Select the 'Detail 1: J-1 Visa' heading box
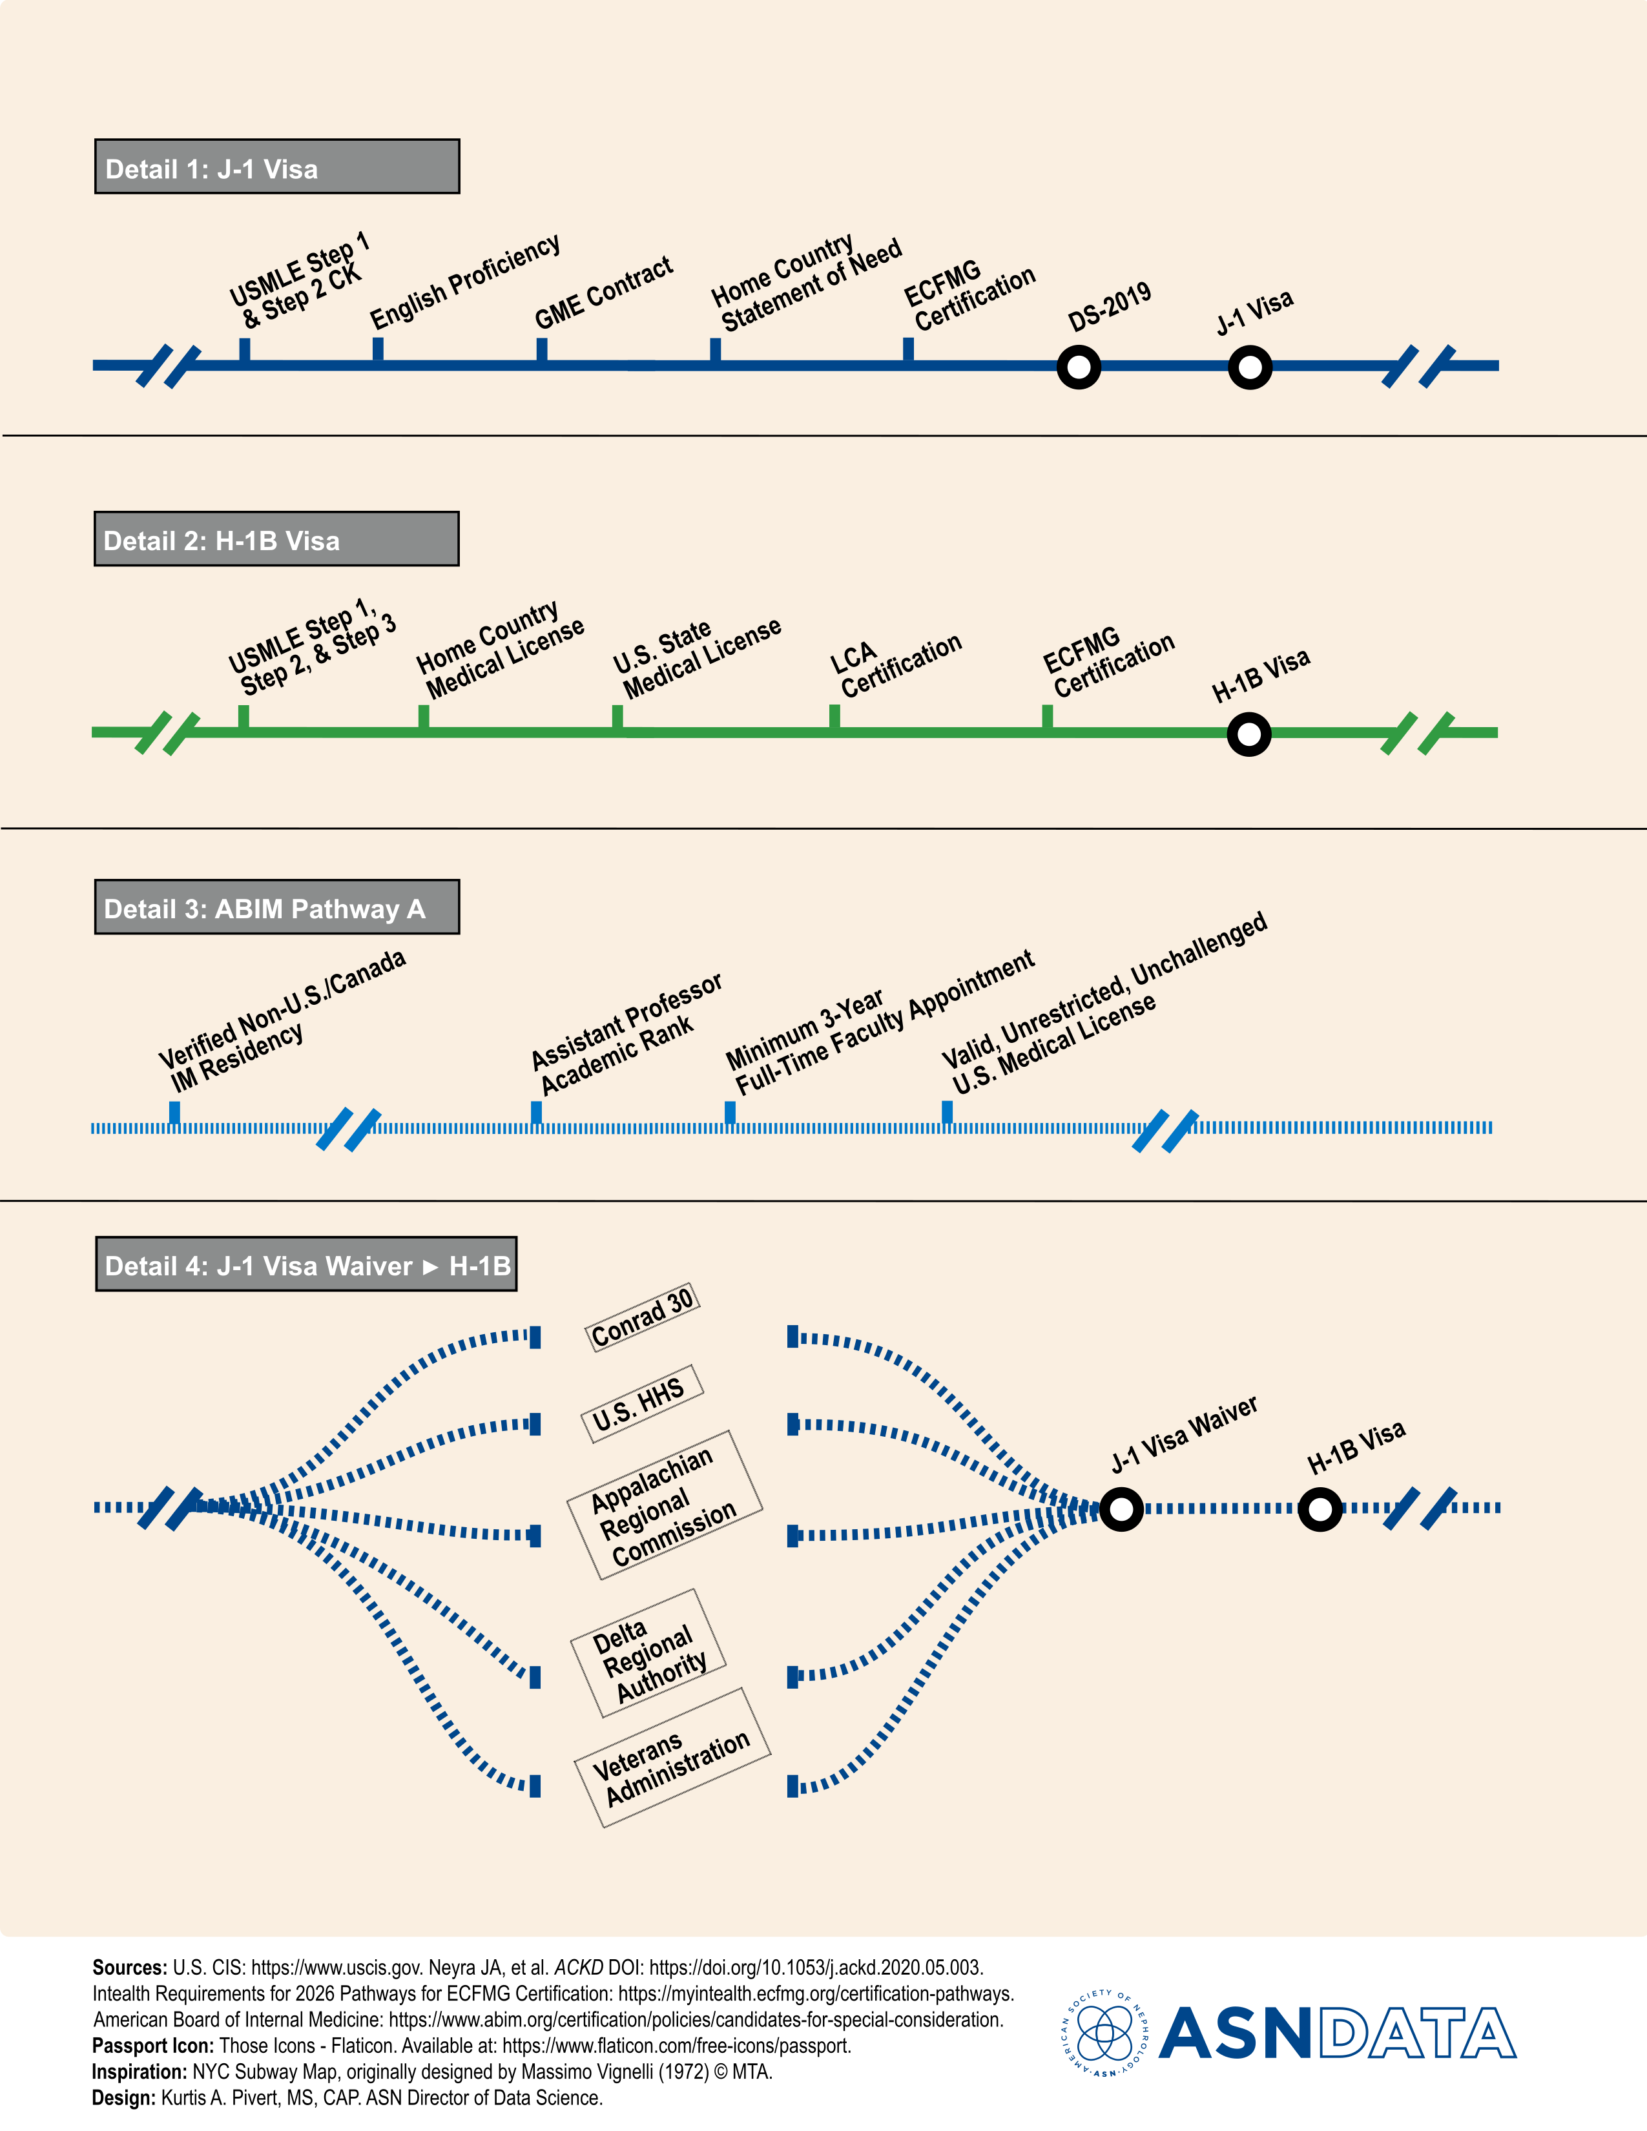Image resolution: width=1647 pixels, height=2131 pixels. [277, 167]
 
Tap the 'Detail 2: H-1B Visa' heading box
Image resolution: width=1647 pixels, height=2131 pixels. [276, 539]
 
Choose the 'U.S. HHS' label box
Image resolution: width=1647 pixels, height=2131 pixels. [641, 1404]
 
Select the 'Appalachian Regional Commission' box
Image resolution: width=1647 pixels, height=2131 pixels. [665, 1505]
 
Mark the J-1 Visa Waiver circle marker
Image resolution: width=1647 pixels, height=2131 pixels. [1122, 1510]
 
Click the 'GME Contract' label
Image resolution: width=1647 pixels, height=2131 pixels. [603, 293]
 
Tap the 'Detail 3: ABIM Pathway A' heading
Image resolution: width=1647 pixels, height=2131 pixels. [277, 907]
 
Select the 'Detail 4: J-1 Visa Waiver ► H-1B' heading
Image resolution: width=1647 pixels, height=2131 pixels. [306, 1264]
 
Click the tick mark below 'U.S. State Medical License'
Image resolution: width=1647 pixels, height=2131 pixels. [617, 717]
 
